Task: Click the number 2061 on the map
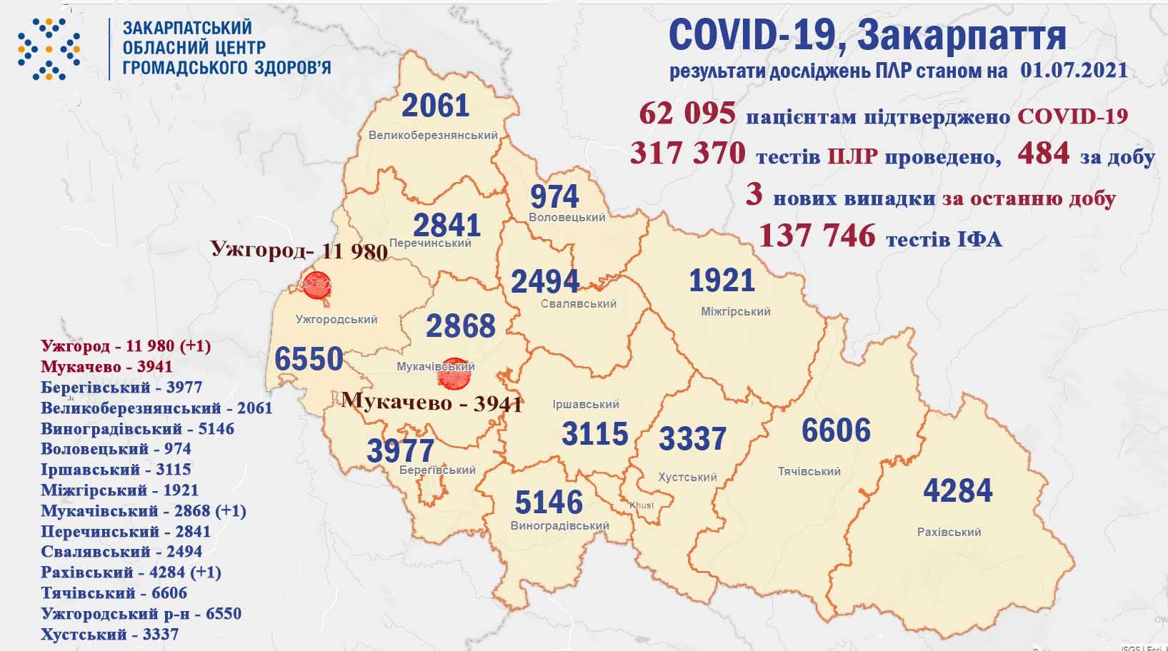pyautogui.click(x=435, y=106)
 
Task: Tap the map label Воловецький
pyautogui.click(x=567, y=217)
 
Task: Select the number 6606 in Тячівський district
pyautogui.click(x=836, y=431)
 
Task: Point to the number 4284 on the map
pyautogui.click(x=957, y=491)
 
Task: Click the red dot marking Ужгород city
pyautogui.click(x=315, y=286)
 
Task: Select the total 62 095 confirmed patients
pyautogui.click(x=687, y=113)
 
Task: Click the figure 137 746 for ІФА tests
pyautogui.click(x=817, y=235)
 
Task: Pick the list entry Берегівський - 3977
pyautogui.click(x=121, y=388)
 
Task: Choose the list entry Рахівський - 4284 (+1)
pyautogui.click(x=131, y=572)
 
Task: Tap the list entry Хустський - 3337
pyautogui.click(x=109, y=634)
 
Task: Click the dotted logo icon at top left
pyautogui.click(x=49, y=49)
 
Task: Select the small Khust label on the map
pyautogui.click(x=641, y=505)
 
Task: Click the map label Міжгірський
pyautogui.click(x=735, y=311)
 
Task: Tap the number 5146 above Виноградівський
pyautogui.click(x=549, y=503)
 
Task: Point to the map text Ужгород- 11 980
pyautogui.click(x=299, y=251)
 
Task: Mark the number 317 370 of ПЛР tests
pyautogui.click(x=688, y=153)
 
